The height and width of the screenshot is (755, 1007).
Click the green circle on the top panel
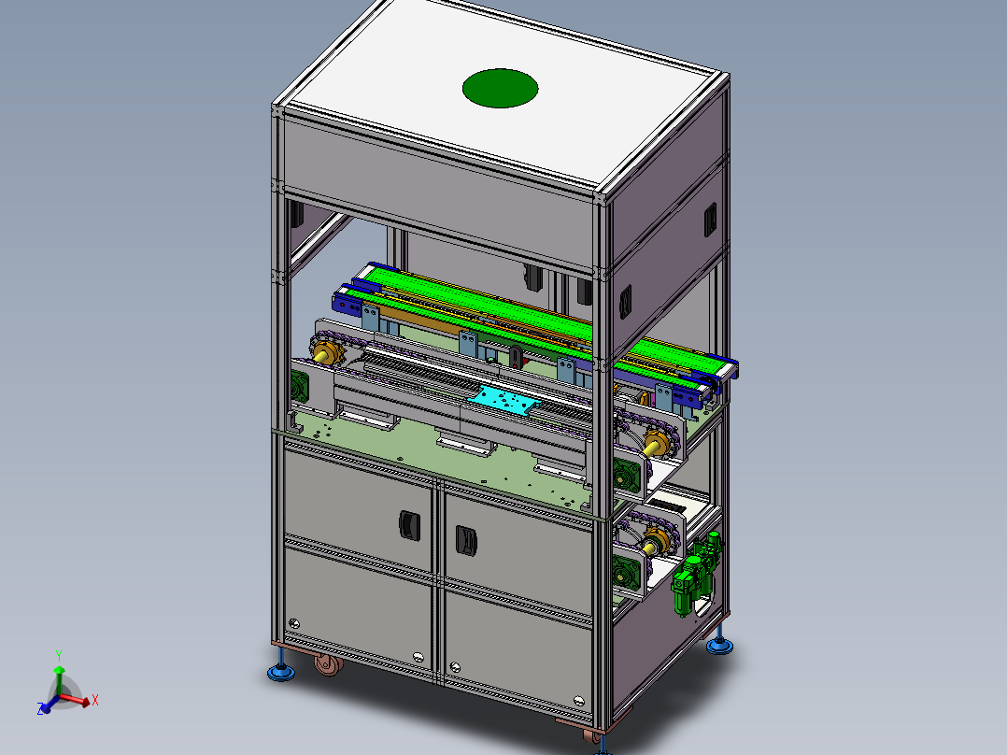tap(501, 88)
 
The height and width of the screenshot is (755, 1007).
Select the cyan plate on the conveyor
tap(504, 401)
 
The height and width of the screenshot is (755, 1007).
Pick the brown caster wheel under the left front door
tap(328, 664)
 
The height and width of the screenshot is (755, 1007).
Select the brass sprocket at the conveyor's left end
tap(327, 352)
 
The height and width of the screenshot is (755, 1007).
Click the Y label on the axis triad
tap(59, 656)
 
